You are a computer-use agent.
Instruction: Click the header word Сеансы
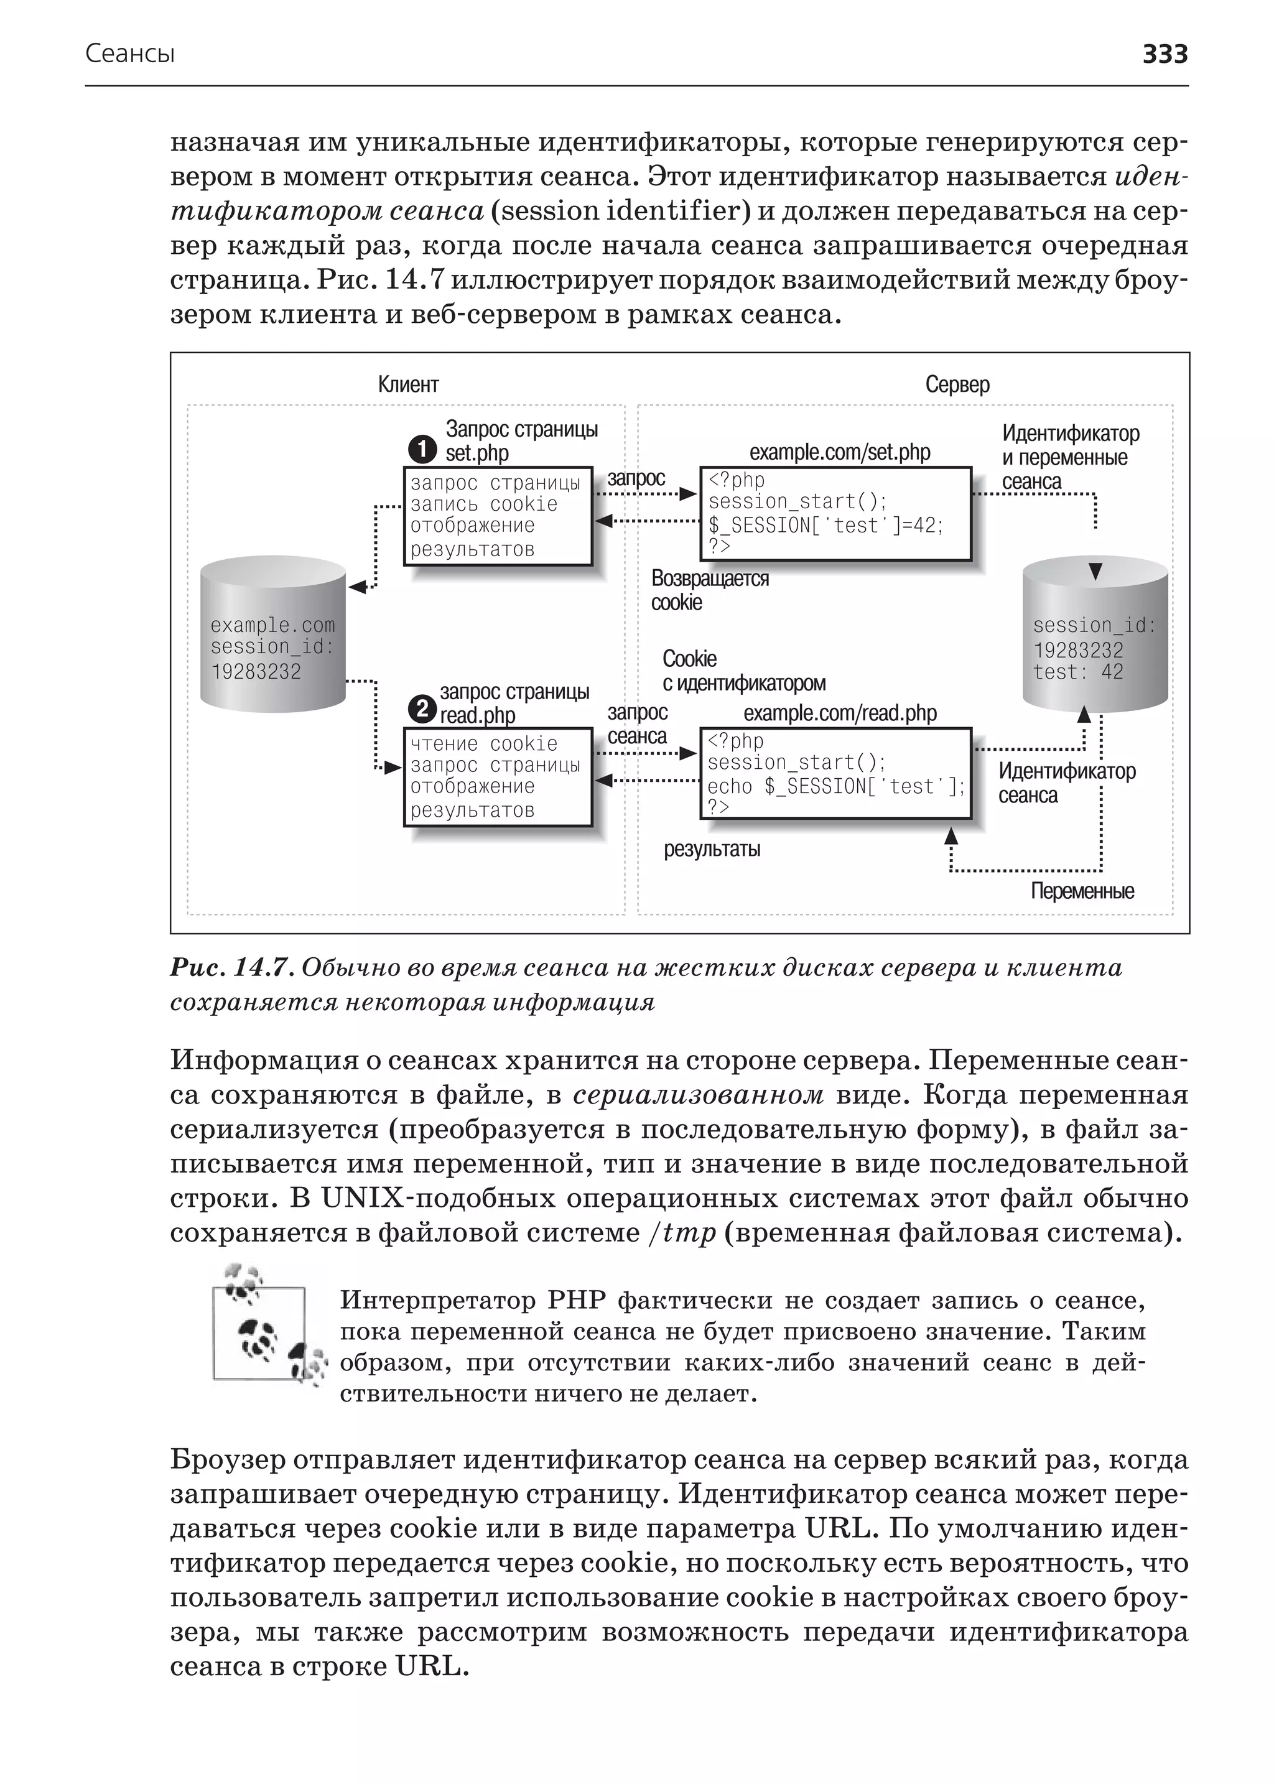129,54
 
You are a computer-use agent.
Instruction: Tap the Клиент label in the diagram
408,384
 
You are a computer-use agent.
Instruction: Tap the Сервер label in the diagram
957,384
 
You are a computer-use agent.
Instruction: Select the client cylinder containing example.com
273,634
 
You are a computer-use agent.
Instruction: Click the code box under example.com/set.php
835,514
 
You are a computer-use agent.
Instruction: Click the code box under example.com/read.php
835,774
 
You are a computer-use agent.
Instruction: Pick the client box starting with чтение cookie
498,777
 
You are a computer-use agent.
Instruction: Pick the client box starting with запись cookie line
498,516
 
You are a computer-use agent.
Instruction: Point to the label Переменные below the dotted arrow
1082,891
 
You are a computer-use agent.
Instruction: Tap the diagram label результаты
712,849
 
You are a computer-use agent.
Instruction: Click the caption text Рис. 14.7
231,968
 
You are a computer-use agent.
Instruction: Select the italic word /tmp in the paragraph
682,1233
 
